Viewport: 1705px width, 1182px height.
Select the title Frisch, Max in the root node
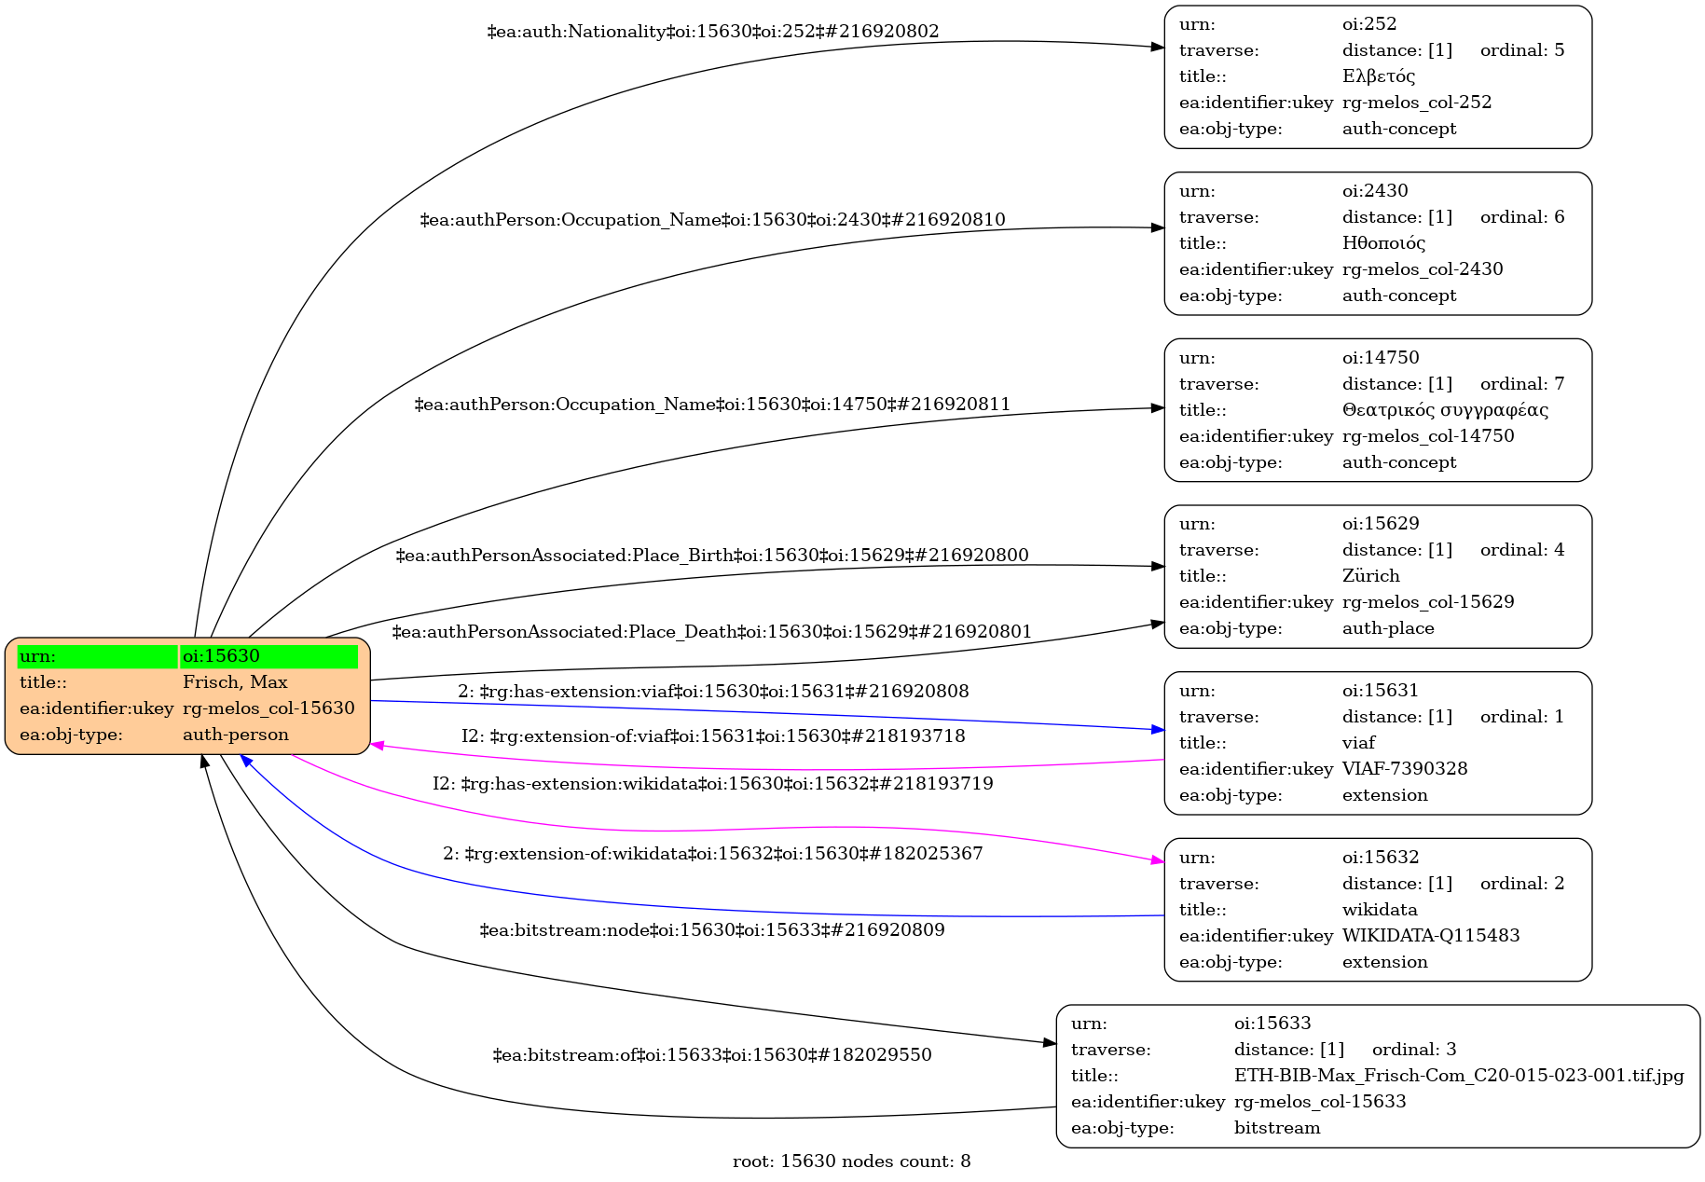coord(235,682)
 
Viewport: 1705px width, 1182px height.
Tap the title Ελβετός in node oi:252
coord(1379,76)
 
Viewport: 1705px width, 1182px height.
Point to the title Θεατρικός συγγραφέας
coord(1445,410)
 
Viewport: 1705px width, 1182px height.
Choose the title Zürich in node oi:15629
coord(1370,576)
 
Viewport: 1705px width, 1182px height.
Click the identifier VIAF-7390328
coord(1405,769)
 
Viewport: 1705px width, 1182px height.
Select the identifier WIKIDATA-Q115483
coord(1431,936)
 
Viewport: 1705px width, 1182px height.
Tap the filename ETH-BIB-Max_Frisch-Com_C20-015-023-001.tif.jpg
coord(1459,1076)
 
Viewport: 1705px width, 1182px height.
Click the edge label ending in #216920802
coord(713,32)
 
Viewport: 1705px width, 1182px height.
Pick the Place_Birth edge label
coord(712,556)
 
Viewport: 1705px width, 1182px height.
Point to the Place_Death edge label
coord(712,632)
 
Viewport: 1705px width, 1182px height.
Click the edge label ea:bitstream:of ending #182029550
coord(712,1055)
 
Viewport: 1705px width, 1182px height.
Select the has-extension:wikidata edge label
coord(713,784)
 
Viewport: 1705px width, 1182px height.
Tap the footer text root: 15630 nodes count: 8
coord(851,1161)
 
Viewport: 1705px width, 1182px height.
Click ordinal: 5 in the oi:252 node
coord(1522,50)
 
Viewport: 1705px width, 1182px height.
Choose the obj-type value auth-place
coord(1388,628)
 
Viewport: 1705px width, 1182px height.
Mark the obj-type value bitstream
coord(1277,1128)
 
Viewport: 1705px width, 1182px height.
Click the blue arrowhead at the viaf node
coord(1158,729)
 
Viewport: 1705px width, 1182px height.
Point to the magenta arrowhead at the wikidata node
coord(1158,861)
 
